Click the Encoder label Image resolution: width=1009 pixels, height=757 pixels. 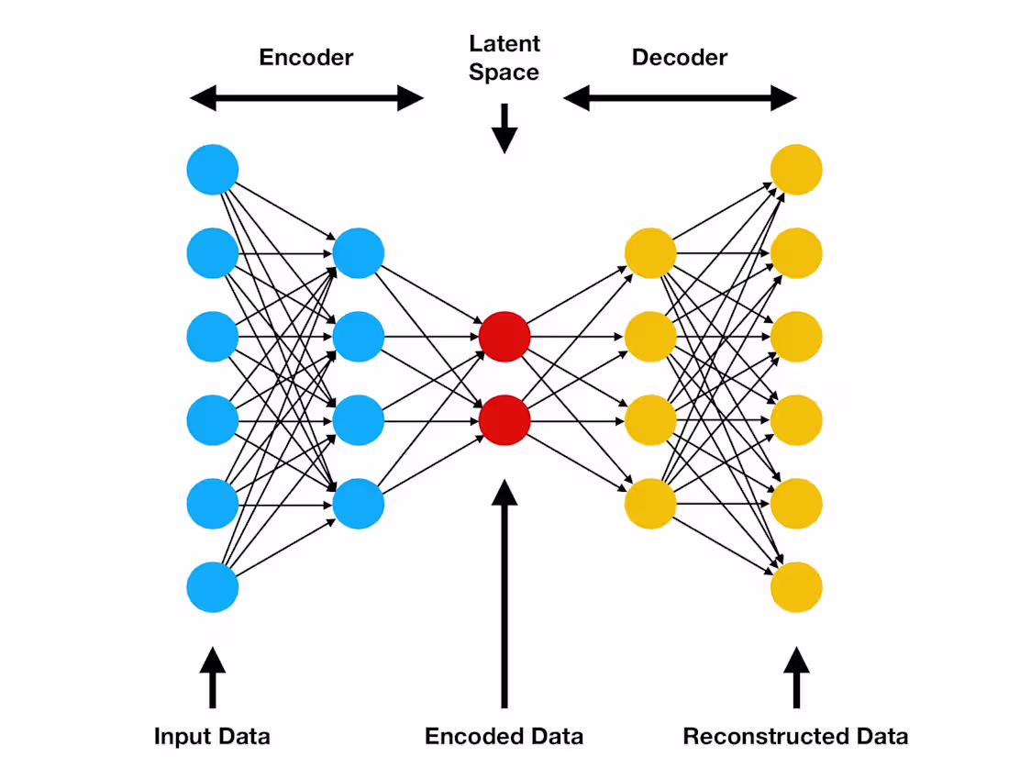pos(305,57)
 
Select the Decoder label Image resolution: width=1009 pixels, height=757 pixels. pos(679,57)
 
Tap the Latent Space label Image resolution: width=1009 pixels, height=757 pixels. pos(504,58)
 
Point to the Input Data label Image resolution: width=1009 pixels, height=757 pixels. pos(212,736)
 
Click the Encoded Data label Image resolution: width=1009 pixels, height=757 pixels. pos(504,736)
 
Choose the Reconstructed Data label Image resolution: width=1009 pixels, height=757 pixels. pos(795,736)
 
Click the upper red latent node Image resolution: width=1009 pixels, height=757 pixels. pos(504,337)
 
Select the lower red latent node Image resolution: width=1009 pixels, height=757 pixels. pos(504,420)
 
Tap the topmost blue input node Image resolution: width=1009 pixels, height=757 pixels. pos(212,170)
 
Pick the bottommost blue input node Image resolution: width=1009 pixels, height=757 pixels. pos(212,587)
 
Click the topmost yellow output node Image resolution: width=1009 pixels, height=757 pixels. pos(796,170)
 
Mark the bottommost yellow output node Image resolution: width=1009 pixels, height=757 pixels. pos(796,587)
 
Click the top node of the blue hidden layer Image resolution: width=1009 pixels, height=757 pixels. pos(358,253)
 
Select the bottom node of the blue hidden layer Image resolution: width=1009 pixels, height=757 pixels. pos(358,504)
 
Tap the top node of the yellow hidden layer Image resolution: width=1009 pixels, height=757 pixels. pos(650,253)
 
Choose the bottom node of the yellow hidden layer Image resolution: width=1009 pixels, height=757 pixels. pos(650,504)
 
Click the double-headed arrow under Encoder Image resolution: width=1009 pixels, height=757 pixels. pos(306,97)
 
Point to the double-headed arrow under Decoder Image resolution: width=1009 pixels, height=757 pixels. pos(680,97)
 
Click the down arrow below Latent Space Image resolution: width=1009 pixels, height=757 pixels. pos(504,128)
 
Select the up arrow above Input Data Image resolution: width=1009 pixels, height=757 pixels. pos(212,677)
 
